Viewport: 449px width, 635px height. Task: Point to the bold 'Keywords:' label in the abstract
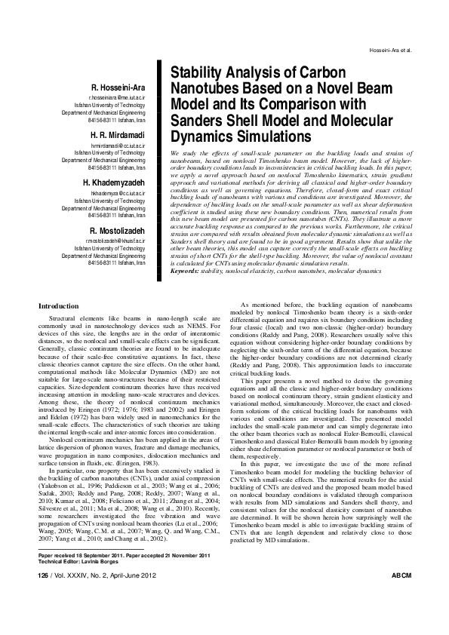188,269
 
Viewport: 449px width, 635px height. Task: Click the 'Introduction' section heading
58,307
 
